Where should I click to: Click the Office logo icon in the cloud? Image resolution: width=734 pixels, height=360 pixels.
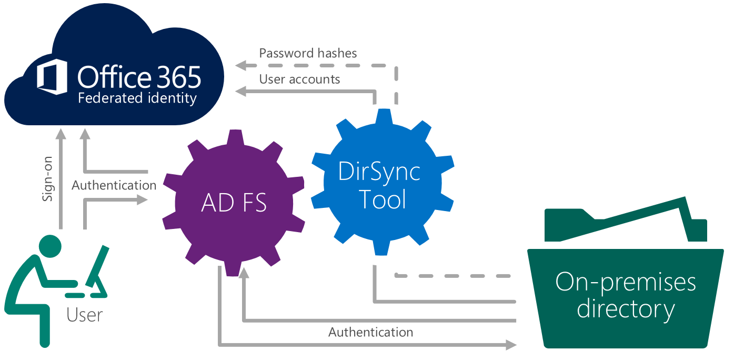(x=52, y=77)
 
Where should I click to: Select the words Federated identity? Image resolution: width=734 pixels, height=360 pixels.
(x=137, y=98)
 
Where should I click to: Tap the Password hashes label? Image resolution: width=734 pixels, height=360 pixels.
(x=308, y=53)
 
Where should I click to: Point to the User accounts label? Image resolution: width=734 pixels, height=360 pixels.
(x=299, y=79)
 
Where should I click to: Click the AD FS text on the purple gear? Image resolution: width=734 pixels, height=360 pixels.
(x=234, y=202)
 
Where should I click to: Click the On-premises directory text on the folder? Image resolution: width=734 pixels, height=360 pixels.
(x=626, y=295)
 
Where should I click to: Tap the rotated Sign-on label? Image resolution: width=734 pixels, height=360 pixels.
(x=48, y=182)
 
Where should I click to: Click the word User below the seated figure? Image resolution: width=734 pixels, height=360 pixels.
(x=84, y=315)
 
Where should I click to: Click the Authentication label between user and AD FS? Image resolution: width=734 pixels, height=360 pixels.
(x=114, y=185)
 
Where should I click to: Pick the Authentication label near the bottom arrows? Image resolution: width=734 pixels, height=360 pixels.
(x=370, y=332)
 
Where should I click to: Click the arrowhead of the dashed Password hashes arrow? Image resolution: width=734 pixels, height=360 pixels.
(x=240, y=66)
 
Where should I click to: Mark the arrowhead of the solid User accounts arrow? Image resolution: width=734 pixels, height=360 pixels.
(x=240, y=92)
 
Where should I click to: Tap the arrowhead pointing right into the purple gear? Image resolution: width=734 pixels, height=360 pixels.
(x=143, y=199)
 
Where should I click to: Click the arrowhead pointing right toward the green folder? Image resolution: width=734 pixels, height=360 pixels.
(x=511, y=345)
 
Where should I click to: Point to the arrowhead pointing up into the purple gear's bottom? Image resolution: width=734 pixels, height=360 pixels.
(x=244, y=272)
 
